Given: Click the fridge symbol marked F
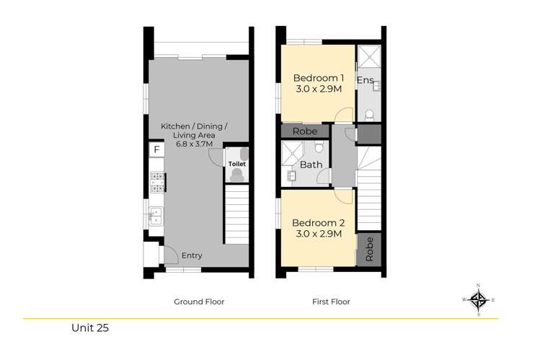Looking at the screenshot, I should (x=155, y=150).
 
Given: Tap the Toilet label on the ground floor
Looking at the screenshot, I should (x=237, y=164).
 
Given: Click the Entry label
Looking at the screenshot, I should (x=192, y=255).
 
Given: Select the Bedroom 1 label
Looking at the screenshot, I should (x=318, y=78).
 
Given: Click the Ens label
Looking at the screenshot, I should (x=366, y=80).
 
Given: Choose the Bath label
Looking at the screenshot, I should (x=311, y=164).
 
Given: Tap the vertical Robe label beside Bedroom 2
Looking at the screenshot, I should (x=369, y=249).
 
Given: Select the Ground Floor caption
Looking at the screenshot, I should (x=199, y=302).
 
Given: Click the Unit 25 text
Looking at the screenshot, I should (x=89, y=328).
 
